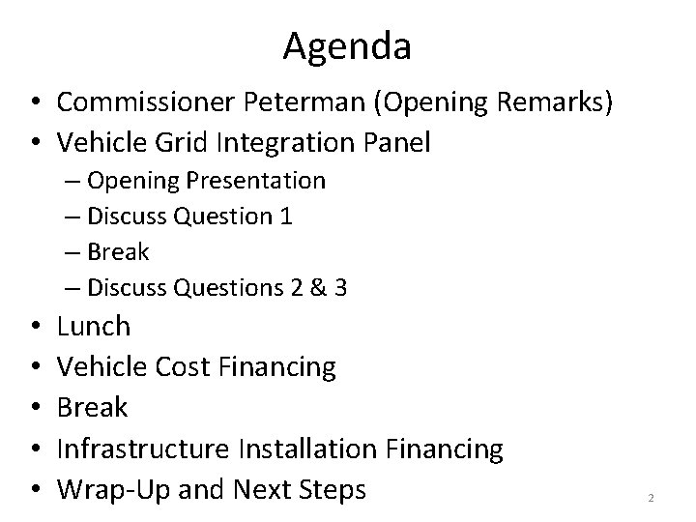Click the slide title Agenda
coord(347,45)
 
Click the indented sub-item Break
coord(118,252)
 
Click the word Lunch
coord(93,327)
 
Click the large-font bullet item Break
coord(92,408)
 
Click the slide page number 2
coord(651,498)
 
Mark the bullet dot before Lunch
coord(34,328)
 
